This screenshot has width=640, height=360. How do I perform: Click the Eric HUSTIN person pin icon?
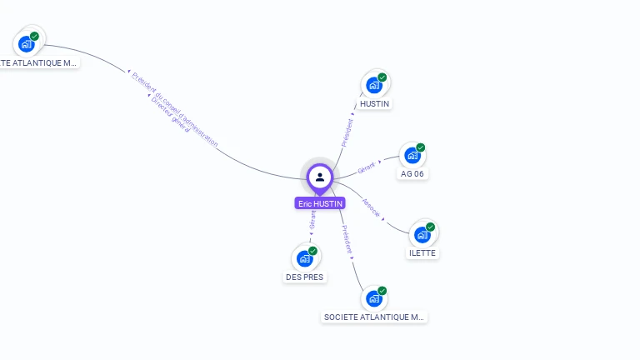coord(320,177)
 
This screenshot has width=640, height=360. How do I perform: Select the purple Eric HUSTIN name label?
coord(320,203)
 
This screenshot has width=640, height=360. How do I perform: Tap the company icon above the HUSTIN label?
coord(374,84)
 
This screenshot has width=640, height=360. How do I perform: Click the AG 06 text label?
coord(412,174)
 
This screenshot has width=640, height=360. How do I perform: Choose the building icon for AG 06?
coord(412,155)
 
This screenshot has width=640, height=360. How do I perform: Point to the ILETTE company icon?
coord(422,234)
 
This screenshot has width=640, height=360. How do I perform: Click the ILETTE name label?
coord(422,253)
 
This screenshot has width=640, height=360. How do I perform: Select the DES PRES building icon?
coord(304,258)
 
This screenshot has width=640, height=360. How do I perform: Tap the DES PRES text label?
coord(304,277)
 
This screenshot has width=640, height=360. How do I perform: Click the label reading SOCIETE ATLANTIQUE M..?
coord(374,317)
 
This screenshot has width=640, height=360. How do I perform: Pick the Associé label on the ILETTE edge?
coord(372,208)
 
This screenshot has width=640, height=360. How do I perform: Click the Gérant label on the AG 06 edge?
coord(367,167)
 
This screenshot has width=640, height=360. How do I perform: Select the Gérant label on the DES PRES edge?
coord(312,218)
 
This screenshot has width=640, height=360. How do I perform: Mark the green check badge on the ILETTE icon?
coord(431,227)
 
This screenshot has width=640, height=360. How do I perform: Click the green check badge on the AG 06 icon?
coord(421,147)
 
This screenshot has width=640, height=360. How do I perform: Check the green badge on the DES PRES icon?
coord(312,251)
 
